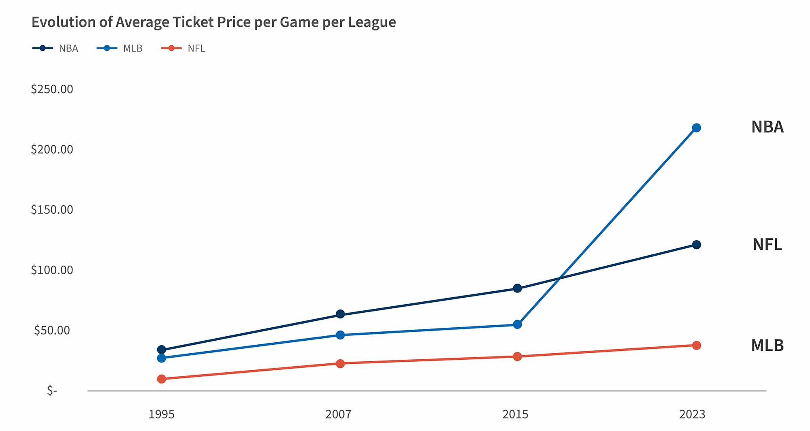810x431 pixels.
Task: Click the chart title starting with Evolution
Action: coord(213,22)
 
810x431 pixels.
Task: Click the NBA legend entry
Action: coord(56,48)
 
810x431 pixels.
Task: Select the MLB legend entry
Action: coord(120,48)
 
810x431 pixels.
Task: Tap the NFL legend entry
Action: coord(183,48)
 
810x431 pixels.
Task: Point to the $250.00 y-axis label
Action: coord(52,89)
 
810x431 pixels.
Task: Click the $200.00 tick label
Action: coord(52,149)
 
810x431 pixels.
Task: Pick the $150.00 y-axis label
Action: coord(52,210)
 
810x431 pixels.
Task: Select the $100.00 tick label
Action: coord(52,270)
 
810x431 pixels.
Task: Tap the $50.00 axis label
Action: coord(52,331)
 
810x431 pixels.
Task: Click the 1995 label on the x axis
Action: coord(161,414)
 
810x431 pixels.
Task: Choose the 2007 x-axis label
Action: coord(338,414)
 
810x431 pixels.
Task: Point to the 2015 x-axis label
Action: coord(515,414)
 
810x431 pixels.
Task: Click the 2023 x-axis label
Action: coord(692,414)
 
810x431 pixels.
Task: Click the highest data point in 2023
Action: coord(696,128)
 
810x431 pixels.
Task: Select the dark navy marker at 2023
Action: coord(696,245)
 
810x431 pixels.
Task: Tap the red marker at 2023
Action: coord(696,346)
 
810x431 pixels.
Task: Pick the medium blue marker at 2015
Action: coord(517,324)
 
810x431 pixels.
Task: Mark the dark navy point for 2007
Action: coord(340,314)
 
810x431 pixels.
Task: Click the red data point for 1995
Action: coord(162,379)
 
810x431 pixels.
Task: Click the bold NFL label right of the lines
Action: coord(767,245)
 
